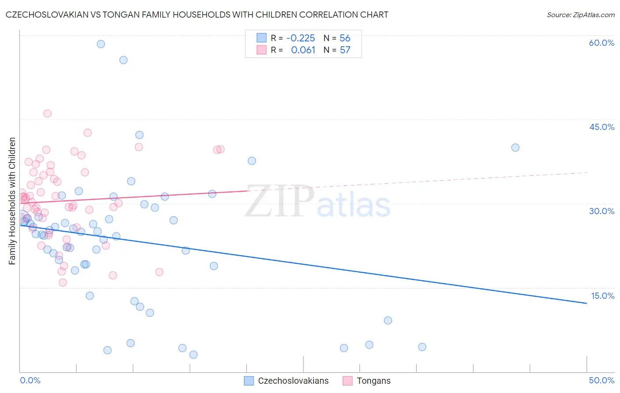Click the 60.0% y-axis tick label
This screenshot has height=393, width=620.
601,43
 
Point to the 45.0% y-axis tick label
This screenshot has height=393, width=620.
601,127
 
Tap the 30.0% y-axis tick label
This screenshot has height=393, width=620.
601,211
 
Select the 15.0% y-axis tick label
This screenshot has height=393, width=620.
602,296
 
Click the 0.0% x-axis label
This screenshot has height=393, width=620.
30,380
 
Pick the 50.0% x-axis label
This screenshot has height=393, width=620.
601,380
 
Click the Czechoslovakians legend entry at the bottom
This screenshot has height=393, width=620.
287,381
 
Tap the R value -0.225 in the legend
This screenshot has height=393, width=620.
300,38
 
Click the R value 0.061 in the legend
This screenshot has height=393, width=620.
303,50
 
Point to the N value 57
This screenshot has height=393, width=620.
345,50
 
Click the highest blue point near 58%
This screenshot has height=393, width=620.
101,44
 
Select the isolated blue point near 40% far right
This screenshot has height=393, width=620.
515,148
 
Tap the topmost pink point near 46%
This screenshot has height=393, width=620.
47,114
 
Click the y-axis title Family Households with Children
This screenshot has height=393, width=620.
12,201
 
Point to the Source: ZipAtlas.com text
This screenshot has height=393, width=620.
580,15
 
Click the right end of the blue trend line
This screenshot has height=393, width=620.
586,303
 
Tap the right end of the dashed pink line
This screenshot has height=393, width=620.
586,173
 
